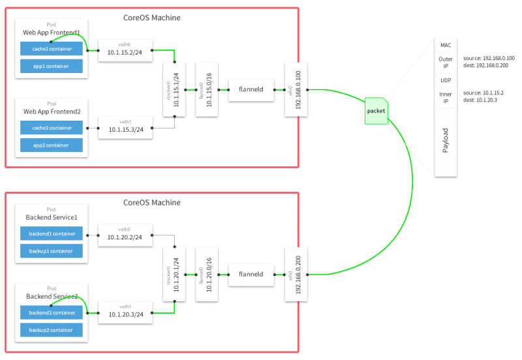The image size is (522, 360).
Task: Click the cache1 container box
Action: [51, 48]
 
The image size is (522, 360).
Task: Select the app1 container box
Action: [51, 65]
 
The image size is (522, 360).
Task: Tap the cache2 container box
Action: [51, 128]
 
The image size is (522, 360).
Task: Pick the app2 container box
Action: [51, 145]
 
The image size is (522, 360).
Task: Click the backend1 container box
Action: [51, 233]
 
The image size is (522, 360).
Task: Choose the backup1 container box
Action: [51, 250]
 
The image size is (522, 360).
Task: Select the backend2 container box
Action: [51, 313]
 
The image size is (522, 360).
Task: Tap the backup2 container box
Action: [51, 330]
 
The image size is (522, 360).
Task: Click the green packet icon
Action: [376, 110]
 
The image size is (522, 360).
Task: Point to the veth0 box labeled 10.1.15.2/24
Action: [125, 50]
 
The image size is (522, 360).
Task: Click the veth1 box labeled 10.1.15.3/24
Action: [125, 127]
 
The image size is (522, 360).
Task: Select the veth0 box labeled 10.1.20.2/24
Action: [125, 235]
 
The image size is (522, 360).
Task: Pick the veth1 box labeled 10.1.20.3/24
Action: [125, 312]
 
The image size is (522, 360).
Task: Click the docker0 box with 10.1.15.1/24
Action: [174, 89]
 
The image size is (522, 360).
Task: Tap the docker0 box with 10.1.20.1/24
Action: [174, 274]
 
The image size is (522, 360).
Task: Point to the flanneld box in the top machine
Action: [251, 89]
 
